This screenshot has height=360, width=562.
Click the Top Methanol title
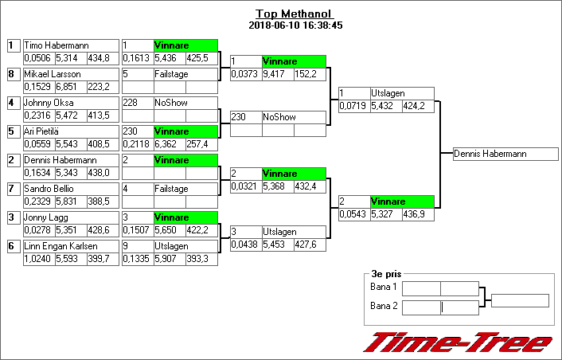tap(295, 14)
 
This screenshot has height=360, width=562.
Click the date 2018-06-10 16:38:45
tap(295, 25)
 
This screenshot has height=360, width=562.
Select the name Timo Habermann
tap(57, 45)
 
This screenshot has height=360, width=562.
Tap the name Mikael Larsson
tap(53, 74)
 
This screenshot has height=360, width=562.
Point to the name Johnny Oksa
tap(49, 103)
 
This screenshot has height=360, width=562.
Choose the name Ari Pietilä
tap(41, 131)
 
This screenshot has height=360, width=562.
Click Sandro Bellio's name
tap(49, 189)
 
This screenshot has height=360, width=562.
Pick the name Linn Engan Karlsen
tap(60, 246)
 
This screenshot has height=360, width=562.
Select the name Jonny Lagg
tap(46, 217)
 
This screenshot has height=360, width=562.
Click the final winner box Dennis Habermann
tap(505, 154)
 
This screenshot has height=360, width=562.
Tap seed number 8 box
tap(14, 74)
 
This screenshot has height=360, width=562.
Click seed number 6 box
tap(14, 246)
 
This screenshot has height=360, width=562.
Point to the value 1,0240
tap(37, 259)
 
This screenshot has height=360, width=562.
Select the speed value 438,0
tap(99, 173)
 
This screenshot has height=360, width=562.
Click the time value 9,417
tap(274, 74)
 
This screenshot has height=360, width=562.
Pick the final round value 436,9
tap(414, 214)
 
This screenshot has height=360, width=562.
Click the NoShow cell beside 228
tap(171, 103)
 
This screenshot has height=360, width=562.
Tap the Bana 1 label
tap(384, 287)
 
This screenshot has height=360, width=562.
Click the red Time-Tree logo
tap(458, 342)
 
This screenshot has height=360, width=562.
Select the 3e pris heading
tap(386, 274)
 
